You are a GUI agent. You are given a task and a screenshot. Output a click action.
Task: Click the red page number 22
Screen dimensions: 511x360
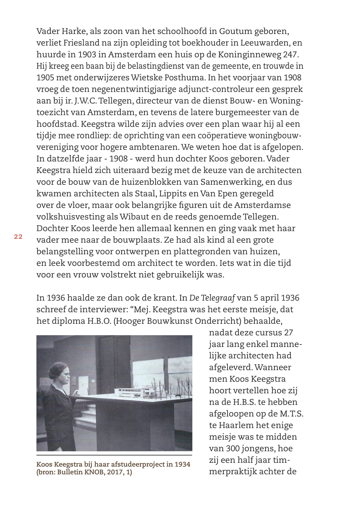(18, 237)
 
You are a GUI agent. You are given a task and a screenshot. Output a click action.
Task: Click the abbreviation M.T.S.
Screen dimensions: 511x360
(291, 414)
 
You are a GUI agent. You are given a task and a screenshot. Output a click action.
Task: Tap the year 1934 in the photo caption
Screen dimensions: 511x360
(182, 464)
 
